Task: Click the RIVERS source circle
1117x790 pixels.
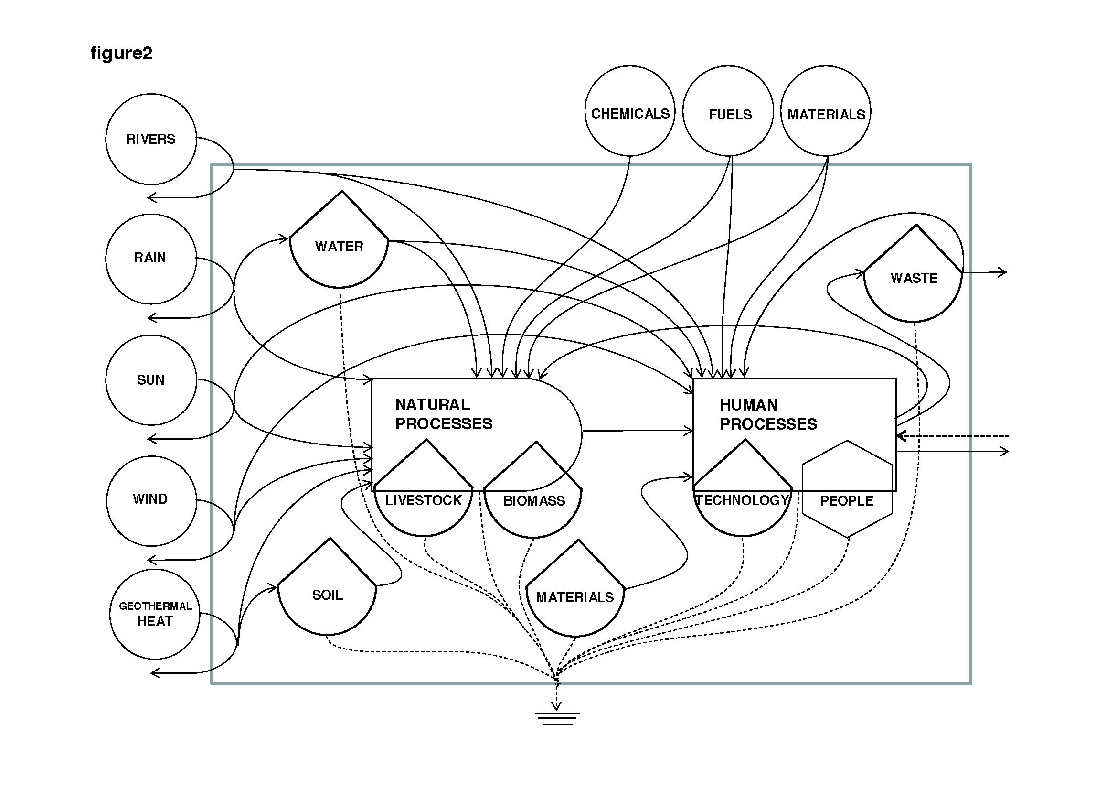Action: click(x=151, y=139)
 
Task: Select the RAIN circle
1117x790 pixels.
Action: click(x=151, y=259)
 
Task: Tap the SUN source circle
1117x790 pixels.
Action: click(x=151, y=379)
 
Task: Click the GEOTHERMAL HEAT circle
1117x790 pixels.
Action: click(x=155, y=614)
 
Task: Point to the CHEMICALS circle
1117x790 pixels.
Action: click(x=630, y=111)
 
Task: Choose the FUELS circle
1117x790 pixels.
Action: click(x=728, y=111)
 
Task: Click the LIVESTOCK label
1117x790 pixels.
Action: click(x=423, y=500)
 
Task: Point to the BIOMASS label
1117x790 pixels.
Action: click(x=534, y=501)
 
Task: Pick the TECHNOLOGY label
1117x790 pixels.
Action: click(x=743, y=500)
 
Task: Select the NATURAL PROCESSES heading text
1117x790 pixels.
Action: click(x=443, y=414)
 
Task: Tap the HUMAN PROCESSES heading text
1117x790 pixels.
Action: click(x=768, y=415)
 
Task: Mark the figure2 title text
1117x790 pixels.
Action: click(x=121, y=53)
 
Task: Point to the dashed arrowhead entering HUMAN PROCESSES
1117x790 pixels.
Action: click(x=901, y=436)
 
